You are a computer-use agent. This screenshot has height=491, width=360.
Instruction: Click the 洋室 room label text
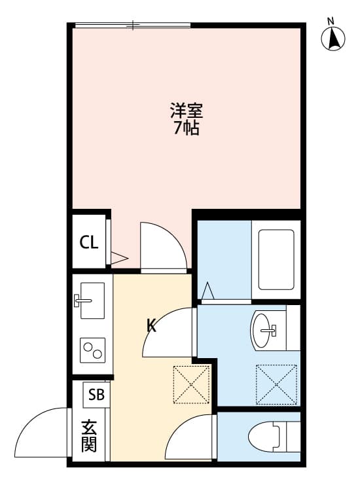[187, 111]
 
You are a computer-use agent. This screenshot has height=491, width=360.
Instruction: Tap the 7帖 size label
[187, 128]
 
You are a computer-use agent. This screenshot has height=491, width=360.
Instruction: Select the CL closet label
[89, 242]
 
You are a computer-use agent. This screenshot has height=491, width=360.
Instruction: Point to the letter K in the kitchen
[152, 326]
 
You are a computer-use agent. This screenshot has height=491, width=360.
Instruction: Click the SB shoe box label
[96, 395]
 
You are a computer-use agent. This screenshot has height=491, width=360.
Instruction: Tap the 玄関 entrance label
[89, 436]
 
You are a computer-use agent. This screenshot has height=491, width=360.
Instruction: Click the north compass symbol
[333, 39]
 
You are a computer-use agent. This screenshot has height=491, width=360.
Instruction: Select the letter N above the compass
[331, 22]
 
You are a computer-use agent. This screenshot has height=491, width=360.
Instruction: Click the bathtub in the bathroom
[276, 260]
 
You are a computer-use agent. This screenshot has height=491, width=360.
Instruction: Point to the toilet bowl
[264, 436]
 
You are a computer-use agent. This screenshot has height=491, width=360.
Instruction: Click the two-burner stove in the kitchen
[93, 350]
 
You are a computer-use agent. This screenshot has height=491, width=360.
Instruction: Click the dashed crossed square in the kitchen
[192, 384]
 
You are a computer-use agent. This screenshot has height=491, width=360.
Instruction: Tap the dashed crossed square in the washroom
[276, 384]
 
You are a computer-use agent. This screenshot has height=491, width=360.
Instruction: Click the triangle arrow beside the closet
[119, 258]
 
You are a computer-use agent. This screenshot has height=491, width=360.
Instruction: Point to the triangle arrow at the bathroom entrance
[208, 291]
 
